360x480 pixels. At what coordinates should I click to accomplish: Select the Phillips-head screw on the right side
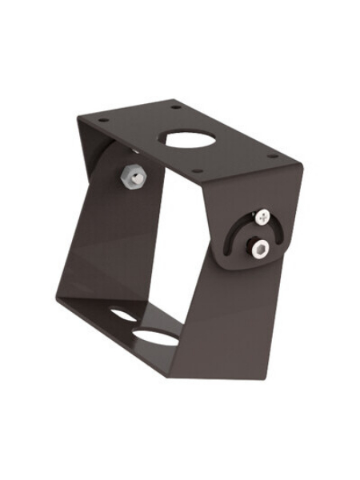(x=264, y=216)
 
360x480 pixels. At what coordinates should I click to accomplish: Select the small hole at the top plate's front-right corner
(x=271, y=156)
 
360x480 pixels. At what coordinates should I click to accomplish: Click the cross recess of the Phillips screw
(x=264, y=216)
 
